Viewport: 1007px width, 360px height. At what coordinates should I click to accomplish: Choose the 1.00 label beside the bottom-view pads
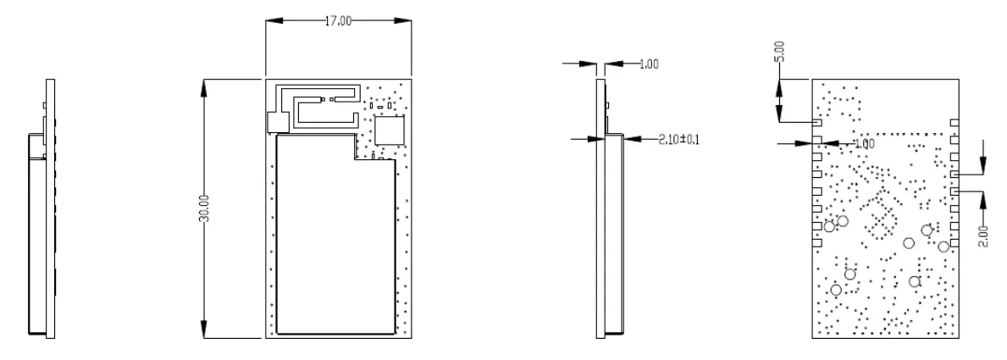pos(864,145)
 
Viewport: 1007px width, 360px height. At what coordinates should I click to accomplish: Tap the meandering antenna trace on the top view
pos(318,108)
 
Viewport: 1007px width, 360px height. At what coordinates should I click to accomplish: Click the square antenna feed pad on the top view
pos(275,123)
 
